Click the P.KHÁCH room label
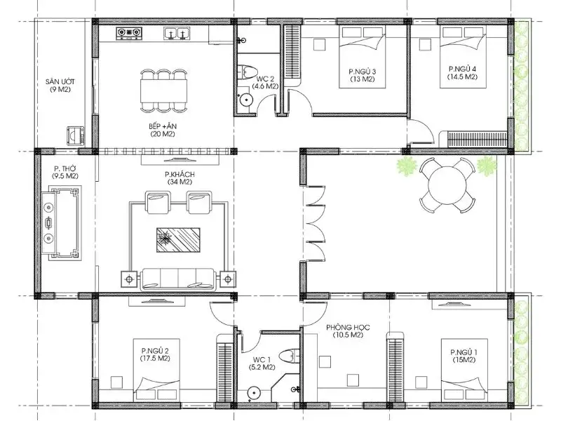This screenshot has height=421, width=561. tap(180, 174)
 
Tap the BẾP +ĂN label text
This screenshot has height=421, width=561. tap(163, 126)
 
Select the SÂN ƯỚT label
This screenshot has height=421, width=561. tap(60, 81)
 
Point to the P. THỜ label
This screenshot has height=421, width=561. tap(65, 168)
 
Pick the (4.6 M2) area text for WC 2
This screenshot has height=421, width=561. tap(265, 86)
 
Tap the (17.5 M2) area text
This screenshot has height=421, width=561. tap(155, 358)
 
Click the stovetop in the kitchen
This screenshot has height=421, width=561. tap(129, 33)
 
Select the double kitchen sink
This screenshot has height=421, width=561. tap(177, 33)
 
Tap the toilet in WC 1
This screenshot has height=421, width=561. tap(288, 356)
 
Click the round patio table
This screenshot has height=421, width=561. tap(447, 185)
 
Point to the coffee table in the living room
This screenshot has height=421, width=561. tap(178, 239)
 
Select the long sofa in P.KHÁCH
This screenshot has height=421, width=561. tap(178, 279)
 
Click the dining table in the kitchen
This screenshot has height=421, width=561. tap(163, 91)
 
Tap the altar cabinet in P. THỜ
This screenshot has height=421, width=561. tap(61, 223)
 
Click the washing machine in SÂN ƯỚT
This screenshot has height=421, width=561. tap(75, 135)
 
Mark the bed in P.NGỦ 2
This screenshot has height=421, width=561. tap(156, 370)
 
